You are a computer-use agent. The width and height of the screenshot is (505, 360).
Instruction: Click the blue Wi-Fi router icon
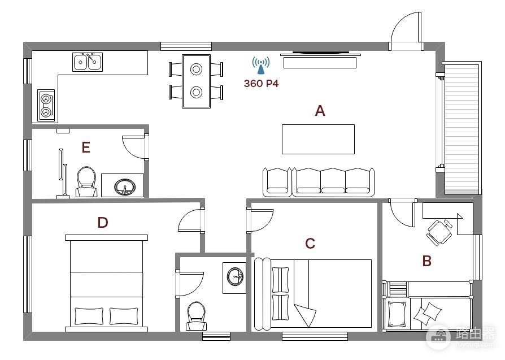click(x=261, y=66)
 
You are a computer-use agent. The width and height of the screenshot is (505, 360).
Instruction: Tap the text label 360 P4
click(x=261, y=84)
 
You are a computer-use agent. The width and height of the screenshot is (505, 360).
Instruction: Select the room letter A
click(x=320, y=111)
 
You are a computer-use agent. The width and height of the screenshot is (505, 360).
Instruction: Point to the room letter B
click(x=426, y=261)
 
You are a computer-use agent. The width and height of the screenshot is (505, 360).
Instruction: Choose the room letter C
click(x=310, y=244)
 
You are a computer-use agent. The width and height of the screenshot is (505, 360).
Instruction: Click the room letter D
click(x=103, y=223)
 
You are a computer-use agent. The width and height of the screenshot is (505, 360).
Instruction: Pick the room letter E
click(x=86, y=148)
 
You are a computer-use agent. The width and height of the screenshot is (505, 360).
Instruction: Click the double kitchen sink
click(x=88, y=62)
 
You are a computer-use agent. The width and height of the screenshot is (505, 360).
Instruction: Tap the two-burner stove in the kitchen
click(x=46, y=105)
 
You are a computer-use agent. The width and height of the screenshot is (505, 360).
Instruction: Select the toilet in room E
click(x=86, y=182)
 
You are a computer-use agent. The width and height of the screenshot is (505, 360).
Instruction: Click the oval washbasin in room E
click(x=125, y=187)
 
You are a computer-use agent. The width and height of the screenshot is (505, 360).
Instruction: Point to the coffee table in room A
click(x=318, y=139)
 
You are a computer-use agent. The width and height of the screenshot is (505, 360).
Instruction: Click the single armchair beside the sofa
click(x=277, y=182)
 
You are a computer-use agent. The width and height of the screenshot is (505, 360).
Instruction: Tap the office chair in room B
click(x=439, y=232)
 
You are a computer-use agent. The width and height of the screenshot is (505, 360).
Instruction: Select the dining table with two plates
click(x=196, y=81)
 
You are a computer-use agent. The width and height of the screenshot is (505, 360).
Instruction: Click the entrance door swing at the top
click(x=406, y=31)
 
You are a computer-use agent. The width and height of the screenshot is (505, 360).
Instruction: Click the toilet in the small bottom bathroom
click(x=197, y=316)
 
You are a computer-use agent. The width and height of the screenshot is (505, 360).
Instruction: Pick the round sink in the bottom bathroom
click(x=236, y=277)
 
